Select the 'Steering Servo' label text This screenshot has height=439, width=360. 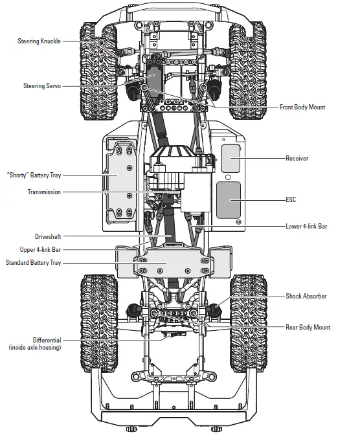[x=42, y=86]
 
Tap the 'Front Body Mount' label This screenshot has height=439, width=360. [x=302, y=107]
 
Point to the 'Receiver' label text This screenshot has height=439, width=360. [x=297, y=158]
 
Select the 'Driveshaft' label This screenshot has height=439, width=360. [x=48, y=236]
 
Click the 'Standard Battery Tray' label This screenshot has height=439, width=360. [x=34, y=262]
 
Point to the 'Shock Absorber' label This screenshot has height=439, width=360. [x=306, y=296]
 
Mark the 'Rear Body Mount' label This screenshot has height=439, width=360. [x=308, y=327]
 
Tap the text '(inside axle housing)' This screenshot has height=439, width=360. [x=35, y=348]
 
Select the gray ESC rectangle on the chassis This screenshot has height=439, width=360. [x=228, y=199]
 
